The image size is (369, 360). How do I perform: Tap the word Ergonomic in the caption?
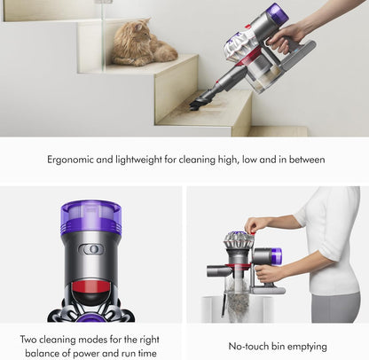75,160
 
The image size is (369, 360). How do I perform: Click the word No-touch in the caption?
244,346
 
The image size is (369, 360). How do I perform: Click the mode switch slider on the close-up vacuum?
91,249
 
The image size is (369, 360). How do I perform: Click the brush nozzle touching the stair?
197,104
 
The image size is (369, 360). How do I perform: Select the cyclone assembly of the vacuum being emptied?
238,243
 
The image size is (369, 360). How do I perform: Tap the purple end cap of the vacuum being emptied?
276,256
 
